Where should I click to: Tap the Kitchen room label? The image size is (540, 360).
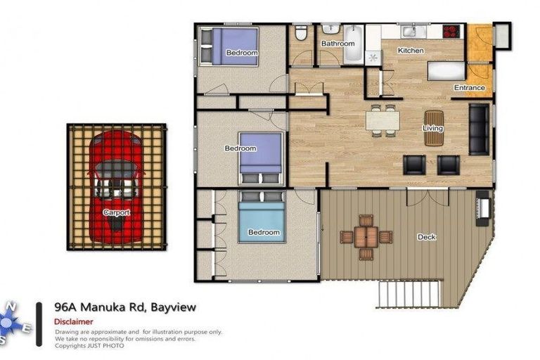click(x=411, y=51)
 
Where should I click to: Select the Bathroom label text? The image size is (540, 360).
click(x=337, y=44)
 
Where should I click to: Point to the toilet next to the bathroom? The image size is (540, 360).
click(x=300, y=34)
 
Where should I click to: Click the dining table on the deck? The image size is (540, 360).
click(x=366, y=236)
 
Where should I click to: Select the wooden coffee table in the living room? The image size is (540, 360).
click(x=434, y=128)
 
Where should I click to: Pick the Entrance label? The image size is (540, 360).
click(x=469, y=88)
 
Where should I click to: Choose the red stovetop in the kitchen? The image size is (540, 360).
click(x=451, y=31)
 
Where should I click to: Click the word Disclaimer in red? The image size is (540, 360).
click(x=74, y=321)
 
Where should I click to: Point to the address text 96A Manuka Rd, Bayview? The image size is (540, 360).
click(x=125, y=307)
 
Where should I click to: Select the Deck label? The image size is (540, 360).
click(x=426, y=237)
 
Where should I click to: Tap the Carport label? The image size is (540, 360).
click(x=116, y=212)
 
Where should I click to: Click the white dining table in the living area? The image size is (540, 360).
click(x=382, y=121)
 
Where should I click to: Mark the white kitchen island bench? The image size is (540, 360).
click(x=446, y=70)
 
